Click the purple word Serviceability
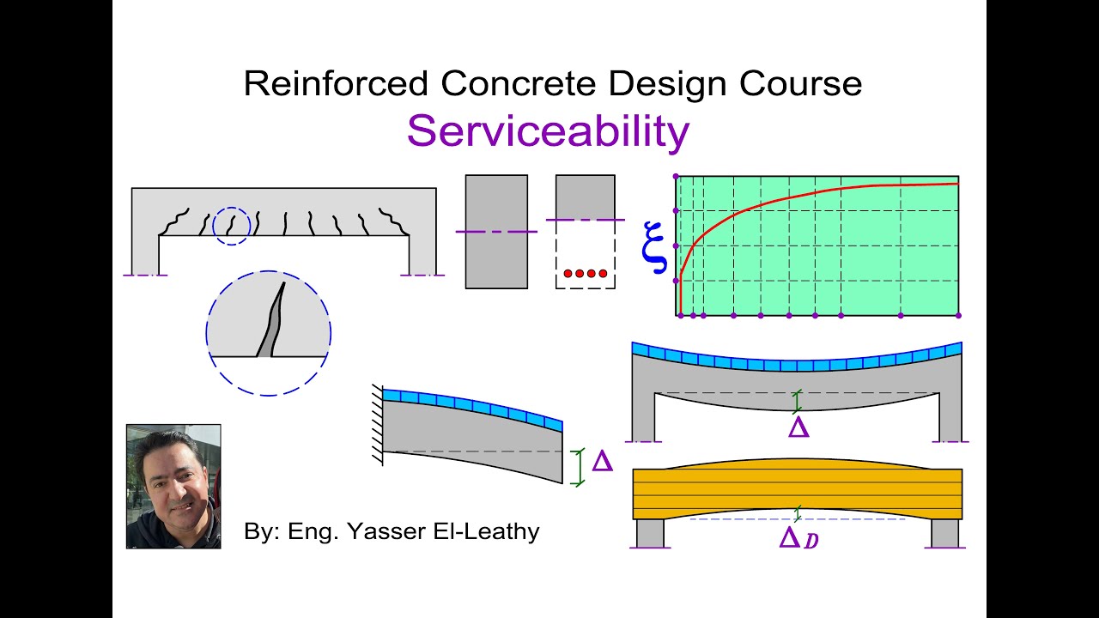[548, 131]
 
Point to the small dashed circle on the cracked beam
[231, 226]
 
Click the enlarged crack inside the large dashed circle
[272, 326]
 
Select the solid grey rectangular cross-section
[496, 232]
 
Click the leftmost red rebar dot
[568, 274]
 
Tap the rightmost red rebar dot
[603, 274]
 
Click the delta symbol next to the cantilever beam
[603, 463]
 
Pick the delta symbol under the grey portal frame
[798, 427]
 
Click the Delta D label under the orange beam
[798, 539]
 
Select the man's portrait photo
[173, 486]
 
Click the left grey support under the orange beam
[650, 533]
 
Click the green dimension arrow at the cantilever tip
[578, 467]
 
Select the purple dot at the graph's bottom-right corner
[958, 316]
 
